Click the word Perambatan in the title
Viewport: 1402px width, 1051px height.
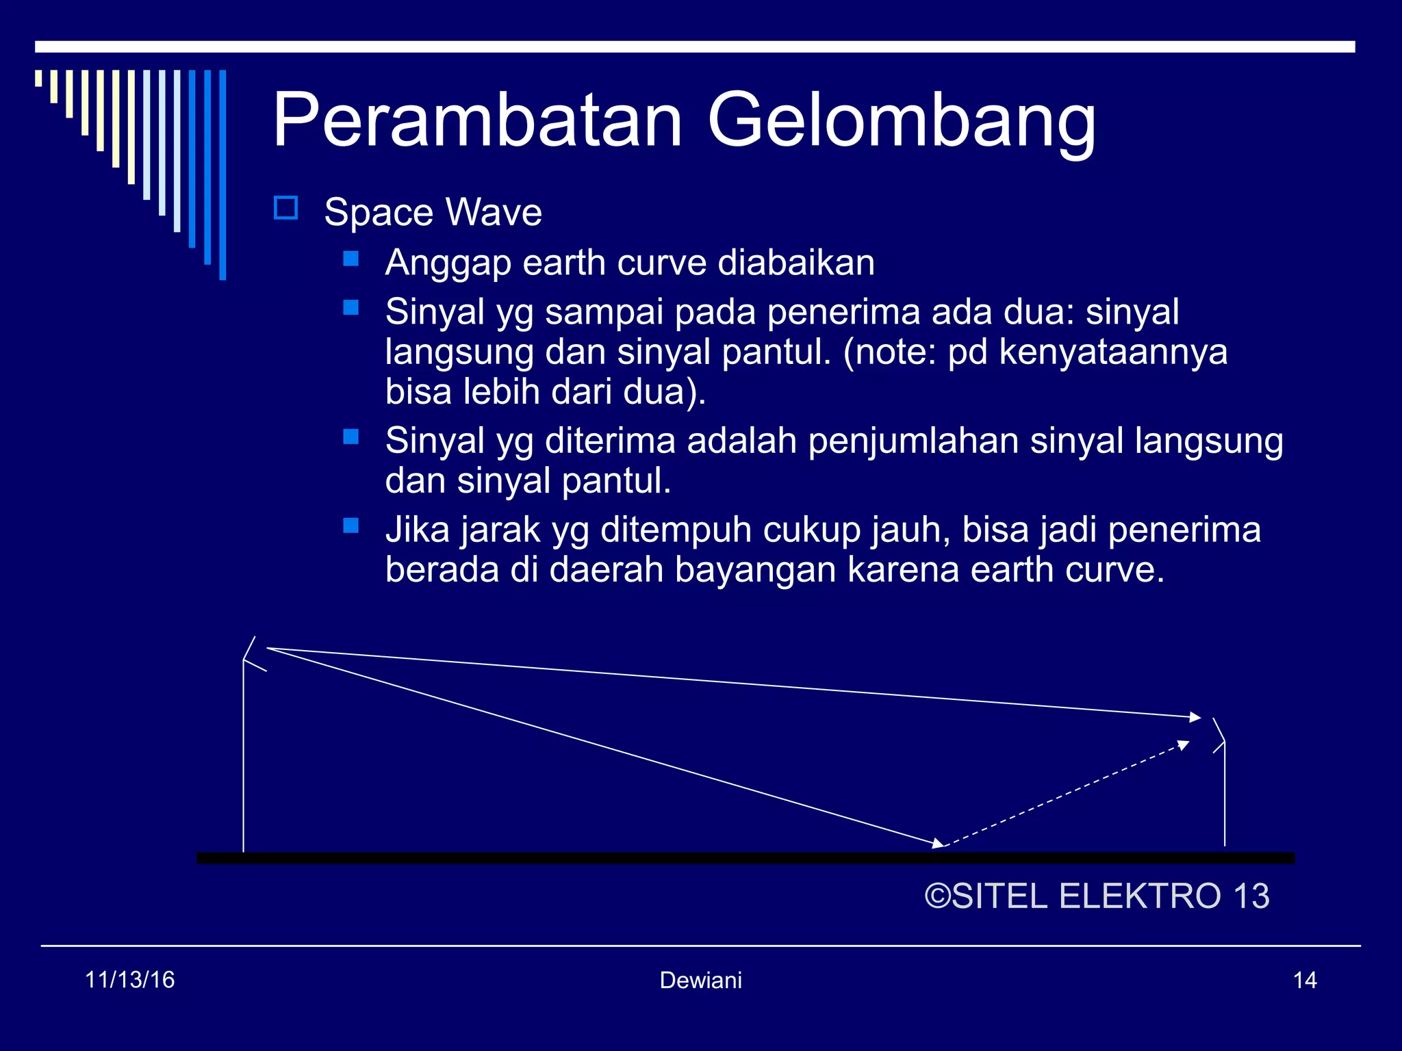[477, 121]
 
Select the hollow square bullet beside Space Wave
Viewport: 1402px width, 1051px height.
[285, 208]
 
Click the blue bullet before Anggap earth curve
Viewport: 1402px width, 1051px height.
[351, 259]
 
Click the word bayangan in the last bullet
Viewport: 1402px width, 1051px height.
[755, 570]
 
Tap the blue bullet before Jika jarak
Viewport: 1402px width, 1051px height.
[351, 525]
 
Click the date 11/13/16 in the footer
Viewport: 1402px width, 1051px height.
[129, 980]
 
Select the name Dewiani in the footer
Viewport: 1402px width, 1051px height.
[700, 981]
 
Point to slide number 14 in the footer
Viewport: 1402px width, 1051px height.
[1305, 981]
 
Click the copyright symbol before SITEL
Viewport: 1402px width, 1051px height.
[937, 896]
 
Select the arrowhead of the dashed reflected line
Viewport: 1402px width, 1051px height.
[1183, 745]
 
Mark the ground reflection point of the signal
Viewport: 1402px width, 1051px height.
[942, 846]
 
